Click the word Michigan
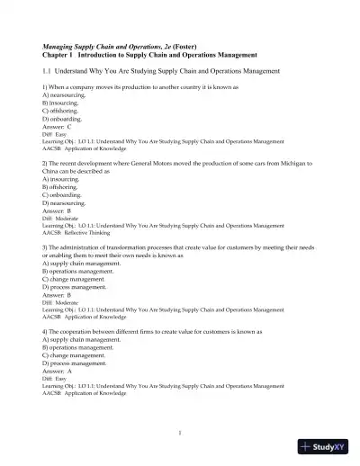click(x=290, y=163)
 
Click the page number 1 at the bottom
click(x=180, y=432)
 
